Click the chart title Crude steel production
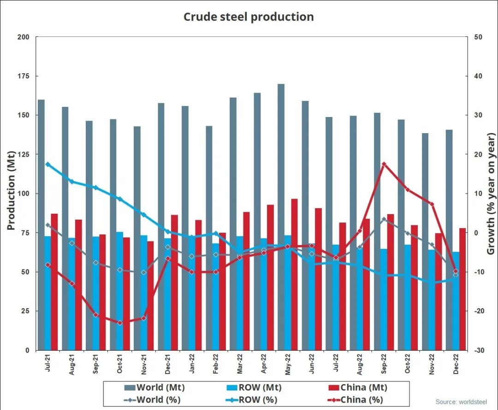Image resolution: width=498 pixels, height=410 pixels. pyautogui.click(x=249, y=17)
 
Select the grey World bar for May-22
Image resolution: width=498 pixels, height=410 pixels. pyautogui.click(x=281, y=217)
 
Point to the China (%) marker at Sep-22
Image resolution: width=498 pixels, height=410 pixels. pyautogui.click(x=384, y=164)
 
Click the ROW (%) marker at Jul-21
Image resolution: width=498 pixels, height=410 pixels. pyautogui.click(x=48, y=164)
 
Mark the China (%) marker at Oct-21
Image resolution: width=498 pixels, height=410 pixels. pyautogui.click(x=120, y=323)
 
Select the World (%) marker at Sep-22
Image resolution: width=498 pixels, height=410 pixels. pyautogui.click(x=384, y=219)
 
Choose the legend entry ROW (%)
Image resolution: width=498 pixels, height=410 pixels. pyautogui.click(x=249, y=400)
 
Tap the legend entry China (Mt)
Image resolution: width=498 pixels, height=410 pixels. pyautogui.click(x=357, y=387)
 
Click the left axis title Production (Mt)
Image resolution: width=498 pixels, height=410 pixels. pyautogui.click(x=11, y=190)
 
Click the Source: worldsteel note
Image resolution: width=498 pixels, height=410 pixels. pyautogui.click(x=461, y=402)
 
